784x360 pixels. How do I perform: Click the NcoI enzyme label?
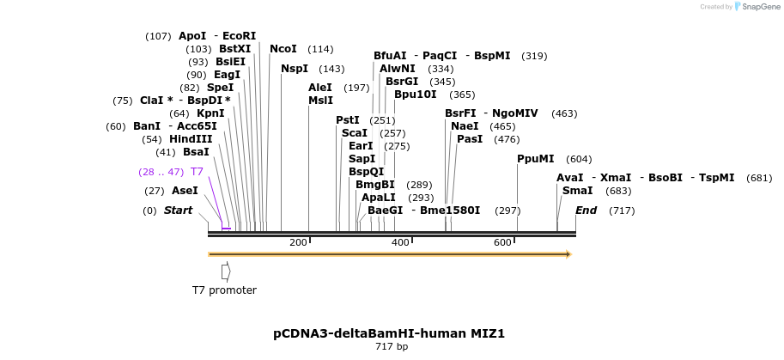(x=283, y=49)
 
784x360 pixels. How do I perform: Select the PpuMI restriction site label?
(x=536, y=159)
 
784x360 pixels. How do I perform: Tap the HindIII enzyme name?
(x=190, y=139)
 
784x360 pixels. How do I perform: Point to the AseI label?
(x=185, y=191)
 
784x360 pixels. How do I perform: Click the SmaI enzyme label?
(x=577, y=191)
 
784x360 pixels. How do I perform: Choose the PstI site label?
(x=348, y=120)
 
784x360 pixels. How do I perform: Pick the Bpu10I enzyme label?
(x=415, y=95)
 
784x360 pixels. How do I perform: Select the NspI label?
(x=295, y=69)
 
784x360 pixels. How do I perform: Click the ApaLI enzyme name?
(x=380, y=198)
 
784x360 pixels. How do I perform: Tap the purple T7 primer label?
(x=198, y=172)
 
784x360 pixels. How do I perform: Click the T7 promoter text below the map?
(x=224, y=290)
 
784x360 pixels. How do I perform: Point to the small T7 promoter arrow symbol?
(x=226, y=272)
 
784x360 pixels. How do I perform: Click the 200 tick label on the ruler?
(x=298, y=243)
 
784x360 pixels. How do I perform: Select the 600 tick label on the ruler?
(x=503, y=243)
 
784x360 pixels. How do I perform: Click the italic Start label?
(x=178, y=211)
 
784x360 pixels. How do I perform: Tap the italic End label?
(x=586, y=211)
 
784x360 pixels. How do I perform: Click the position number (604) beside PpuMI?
(x=579, y=159)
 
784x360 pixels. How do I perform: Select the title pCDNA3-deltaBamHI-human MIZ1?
(x=395, y=333)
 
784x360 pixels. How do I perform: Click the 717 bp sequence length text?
(x=392, y=347)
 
